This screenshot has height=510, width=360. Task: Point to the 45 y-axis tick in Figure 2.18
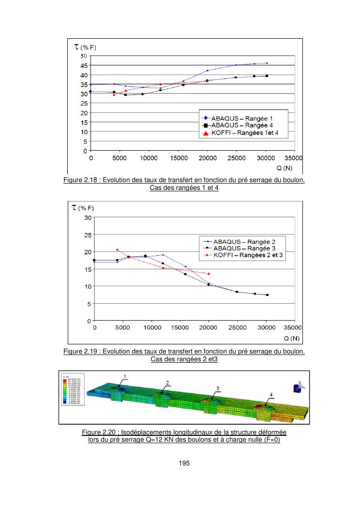83,65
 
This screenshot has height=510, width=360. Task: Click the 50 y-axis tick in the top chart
83,56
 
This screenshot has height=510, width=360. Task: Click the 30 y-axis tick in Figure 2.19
88,217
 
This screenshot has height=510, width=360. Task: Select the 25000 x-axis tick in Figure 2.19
237,327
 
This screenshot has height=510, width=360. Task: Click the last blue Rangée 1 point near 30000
267,63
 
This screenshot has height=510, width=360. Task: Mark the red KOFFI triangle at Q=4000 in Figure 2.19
117,249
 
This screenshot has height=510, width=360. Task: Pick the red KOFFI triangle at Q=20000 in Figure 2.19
209,274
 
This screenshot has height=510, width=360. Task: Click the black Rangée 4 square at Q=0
90,92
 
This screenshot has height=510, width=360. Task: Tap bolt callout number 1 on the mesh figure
125,376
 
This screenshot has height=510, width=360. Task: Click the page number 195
184,464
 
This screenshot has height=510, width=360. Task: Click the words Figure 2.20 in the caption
98,432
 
